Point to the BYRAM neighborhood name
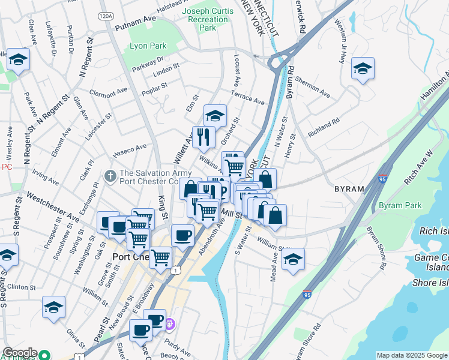tap(349, 188)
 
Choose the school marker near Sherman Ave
tap(363, 69)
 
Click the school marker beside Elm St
tap(215, 115)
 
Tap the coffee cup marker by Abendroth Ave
tap(182, 235)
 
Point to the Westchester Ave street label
tap(53, 206)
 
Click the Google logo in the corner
tap(19, 353)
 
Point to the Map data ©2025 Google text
tap(412, 355)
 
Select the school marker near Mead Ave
tap(293, 259)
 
